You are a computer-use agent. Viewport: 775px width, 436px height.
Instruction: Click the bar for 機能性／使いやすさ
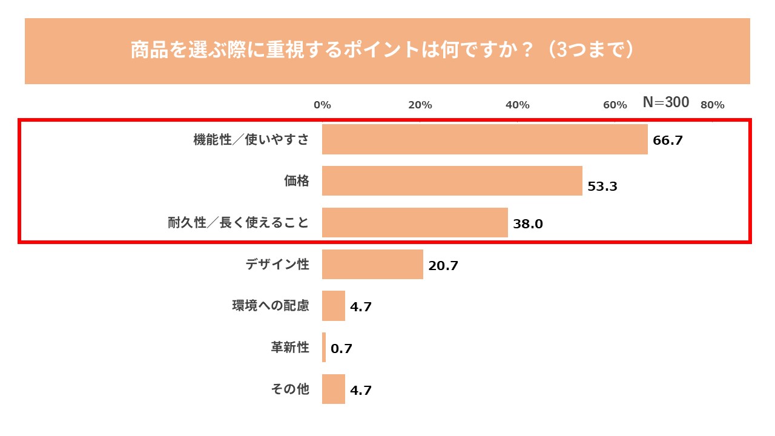(x=484, y=139)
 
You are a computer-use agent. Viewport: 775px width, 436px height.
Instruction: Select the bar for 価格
(x=452, y=181)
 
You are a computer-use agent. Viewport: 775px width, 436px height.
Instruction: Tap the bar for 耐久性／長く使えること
(x=415, y=222)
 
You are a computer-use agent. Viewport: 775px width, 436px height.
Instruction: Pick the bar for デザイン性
(x=372, y=264)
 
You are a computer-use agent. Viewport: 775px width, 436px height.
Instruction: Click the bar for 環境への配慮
(x=333, y=306)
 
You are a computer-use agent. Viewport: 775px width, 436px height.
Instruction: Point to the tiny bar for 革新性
(x=324, y=348)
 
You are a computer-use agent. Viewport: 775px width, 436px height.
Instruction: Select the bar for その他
(x=333, y=389)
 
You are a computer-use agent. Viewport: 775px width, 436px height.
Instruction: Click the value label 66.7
(x=668, y=140)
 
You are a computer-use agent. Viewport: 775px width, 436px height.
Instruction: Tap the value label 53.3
(x=602, y=187)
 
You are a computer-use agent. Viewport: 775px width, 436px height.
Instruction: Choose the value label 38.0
(x=528, y=224)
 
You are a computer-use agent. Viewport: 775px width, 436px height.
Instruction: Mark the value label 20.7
(x=443, y=266)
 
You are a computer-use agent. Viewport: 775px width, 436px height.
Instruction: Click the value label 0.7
(x=341, y=349)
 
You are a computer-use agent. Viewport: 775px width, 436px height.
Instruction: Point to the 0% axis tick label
(x=322, y=105)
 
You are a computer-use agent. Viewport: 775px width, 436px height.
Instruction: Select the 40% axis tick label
(x=518, y=105)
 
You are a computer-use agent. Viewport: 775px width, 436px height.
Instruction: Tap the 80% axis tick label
(x=712, y=105)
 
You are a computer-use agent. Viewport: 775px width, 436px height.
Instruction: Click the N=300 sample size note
(x=665, y=102)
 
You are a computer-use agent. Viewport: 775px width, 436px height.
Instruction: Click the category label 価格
(x=297, y=180)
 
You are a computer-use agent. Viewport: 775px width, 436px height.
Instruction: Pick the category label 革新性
(x=290, y=348)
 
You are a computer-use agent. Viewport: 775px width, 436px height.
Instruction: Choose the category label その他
(x=290, y=389)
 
